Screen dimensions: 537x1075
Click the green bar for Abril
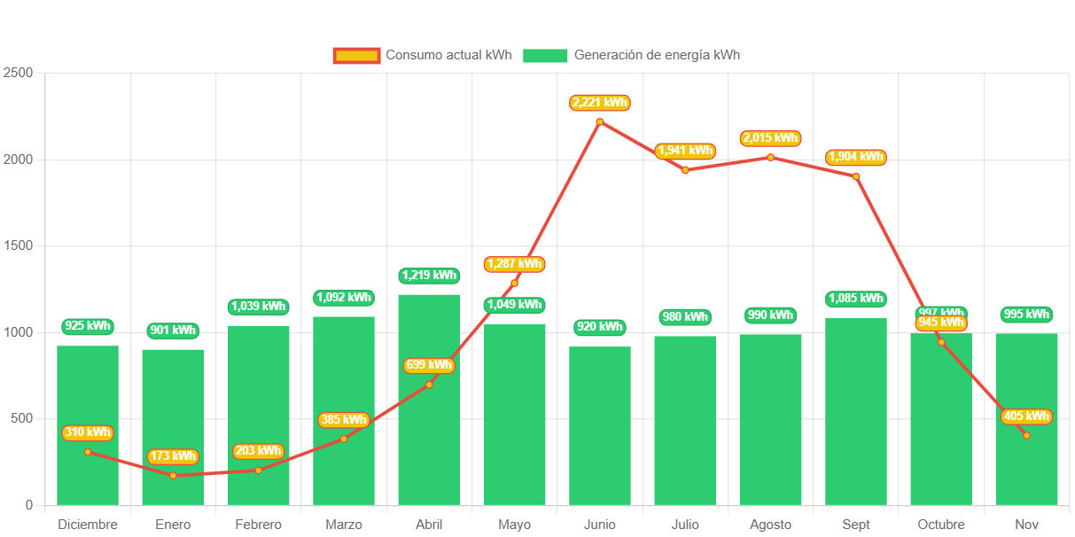coord(429,399)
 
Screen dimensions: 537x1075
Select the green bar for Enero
coord(173,426)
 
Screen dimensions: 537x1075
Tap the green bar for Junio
coord(600,425)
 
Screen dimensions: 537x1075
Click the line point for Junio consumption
coord(600,121)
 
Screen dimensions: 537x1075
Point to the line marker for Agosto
coord(771,158)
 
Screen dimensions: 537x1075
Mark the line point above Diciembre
coord(88,452)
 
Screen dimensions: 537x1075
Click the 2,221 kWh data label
coord(600,103)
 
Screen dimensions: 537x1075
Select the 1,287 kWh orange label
coord(514,264)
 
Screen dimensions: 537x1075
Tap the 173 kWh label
coord(173,456)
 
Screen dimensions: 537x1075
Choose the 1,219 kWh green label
coord(429,276)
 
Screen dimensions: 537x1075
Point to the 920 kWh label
coord(600,327)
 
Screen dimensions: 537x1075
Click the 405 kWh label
coord(1027,416)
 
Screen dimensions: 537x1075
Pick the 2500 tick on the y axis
coord(18,73)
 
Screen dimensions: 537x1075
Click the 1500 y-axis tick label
coord(18,245)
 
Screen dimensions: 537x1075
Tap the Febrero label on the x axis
coord(258,525)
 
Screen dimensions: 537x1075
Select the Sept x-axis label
coord(856,525)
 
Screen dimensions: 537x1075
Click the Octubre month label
coord(941,525)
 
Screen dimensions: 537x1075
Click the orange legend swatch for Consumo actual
coord(356,56)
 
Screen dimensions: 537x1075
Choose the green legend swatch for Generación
coord(545,56)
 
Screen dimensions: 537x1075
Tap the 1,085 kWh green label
coord(856,299)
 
